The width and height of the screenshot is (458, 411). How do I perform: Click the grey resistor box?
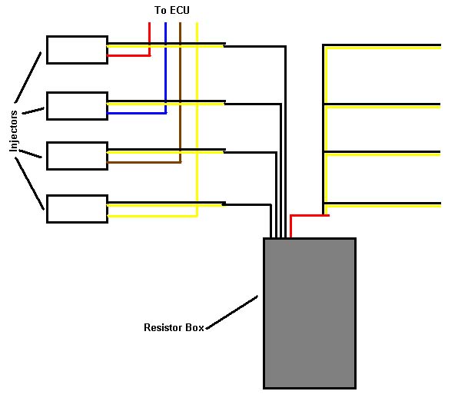(x=310, y=313)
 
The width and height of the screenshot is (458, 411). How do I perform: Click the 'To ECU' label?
(x=172, y=10)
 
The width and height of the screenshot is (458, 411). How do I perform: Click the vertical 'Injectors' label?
(x=13, y=131)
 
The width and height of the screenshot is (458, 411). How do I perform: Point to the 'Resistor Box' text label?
(x=174, y=327)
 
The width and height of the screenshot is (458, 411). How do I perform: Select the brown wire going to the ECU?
(x=181, y=93)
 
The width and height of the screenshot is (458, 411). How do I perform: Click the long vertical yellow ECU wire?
(x=197, y=120)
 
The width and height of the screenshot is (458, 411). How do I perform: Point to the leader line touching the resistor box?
(x=232, y=313)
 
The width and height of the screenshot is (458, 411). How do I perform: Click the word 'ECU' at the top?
(x=180, y=10)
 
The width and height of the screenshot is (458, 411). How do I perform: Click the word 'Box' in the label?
(x=195, y=327)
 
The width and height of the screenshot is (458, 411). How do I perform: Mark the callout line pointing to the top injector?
(x=28, y=78)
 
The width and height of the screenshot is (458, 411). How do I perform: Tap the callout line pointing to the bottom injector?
(x=29, y=184)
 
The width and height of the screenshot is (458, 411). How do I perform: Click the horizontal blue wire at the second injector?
(x=137, y=113)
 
